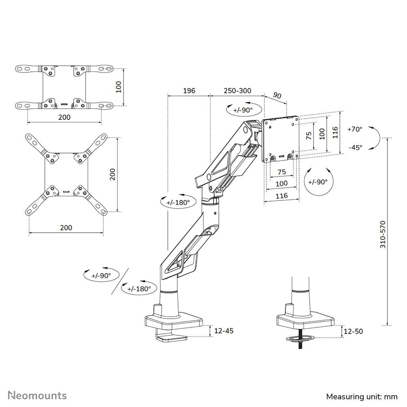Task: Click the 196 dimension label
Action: coord(189,90)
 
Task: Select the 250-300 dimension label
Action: coord(237,90)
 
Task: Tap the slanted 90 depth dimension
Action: coord(277,96)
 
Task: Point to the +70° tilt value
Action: coord(355,129)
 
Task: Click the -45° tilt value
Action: coord(355,148)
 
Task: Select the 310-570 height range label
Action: coord(383,234)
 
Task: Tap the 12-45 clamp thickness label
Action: coord(223,331)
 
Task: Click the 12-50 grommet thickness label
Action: coord(353,331)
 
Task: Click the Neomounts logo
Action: coord(38,395)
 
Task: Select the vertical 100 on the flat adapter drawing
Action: coord(118,87)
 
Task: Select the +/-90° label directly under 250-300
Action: coord(242,109)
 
